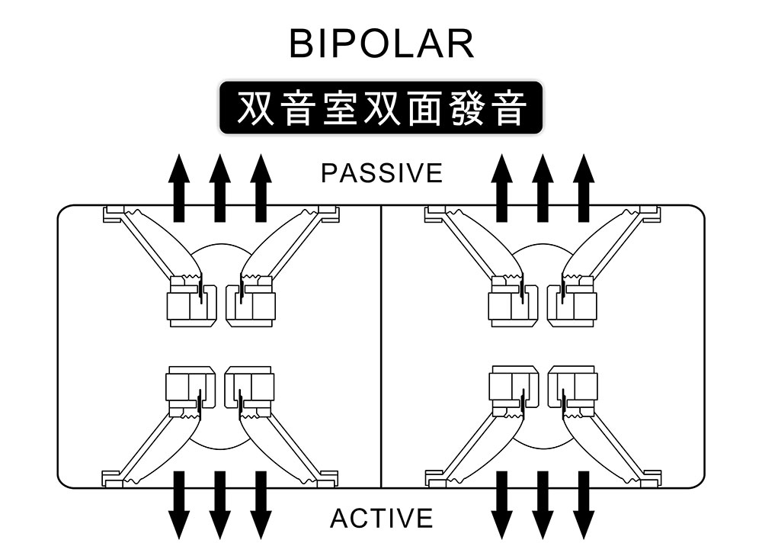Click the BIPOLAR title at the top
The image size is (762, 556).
(382, 43)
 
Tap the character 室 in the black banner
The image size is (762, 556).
(340, 108)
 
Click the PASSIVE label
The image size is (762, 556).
(382, 173)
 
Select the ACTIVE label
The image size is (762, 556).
(382, 518)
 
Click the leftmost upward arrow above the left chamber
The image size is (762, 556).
(179, 188)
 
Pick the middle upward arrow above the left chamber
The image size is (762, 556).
(219, 188)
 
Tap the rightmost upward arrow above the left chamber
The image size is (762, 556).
(261, 188)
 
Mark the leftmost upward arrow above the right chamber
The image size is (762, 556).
(501, 188)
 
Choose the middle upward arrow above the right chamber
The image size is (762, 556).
(543, 188)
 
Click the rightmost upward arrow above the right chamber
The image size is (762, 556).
(584, 188)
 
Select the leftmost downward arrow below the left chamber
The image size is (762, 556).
(179, 506)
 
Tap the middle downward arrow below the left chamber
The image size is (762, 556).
(219, 506)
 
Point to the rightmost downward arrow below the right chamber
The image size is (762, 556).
(584, 506)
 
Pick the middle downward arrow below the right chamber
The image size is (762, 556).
(543, 506)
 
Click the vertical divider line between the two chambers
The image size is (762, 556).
(381, 346)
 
